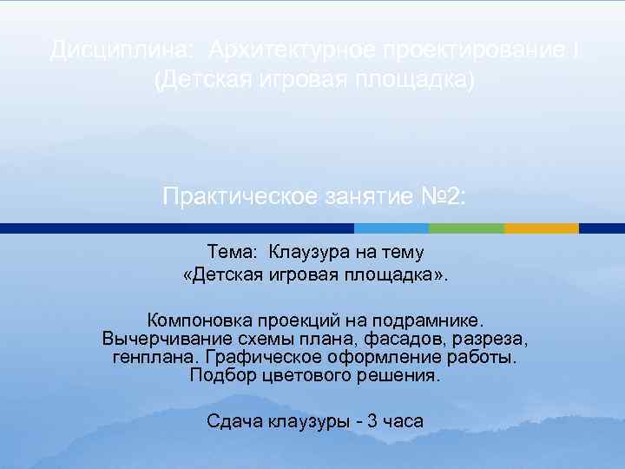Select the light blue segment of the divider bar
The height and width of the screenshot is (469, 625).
[x=391, y=228]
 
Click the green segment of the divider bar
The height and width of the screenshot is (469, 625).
[x=466, y=228]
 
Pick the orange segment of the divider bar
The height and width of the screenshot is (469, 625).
[x=541, y=228]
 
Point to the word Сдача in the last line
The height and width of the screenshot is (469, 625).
[x=233, y=422]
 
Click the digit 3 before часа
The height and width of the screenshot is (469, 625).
[x=372, y=422]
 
